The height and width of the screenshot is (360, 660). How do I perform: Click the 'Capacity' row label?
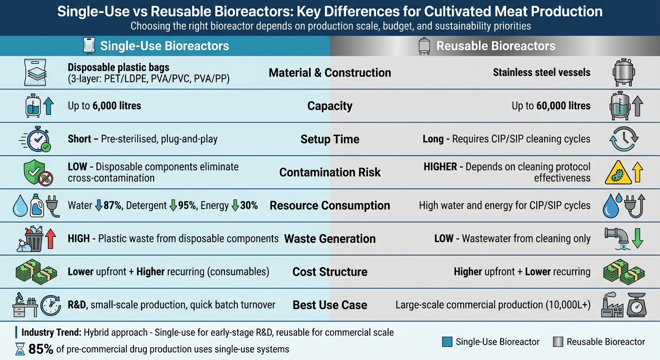click(x=330, y=106)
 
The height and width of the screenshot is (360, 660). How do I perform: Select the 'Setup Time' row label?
click(x=330, y=139)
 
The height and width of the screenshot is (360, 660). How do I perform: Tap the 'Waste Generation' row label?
click(x=330, y=239)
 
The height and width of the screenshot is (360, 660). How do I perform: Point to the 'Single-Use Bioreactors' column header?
click(x=165, y=46)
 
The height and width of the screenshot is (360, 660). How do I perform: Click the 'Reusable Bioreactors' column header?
click(x=495, y=46)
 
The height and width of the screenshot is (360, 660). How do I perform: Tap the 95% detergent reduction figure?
click(x=187, y=205)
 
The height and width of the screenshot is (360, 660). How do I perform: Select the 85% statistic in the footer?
click(x=41, y=349)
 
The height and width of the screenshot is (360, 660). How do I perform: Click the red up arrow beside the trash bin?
click(x=51, y=239)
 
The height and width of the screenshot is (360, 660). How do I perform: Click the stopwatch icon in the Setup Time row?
click(x=37, y=139)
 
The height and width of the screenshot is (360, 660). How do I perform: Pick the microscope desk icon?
click(x=24, y=305)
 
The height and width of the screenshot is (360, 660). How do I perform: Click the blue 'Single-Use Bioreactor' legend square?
click(x=447, y=342)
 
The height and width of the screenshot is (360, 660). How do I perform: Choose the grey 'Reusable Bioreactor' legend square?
click(x=558, y=342)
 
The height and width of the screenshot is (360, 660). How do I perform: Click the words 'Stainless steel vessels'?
click(x=541, y=73)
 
